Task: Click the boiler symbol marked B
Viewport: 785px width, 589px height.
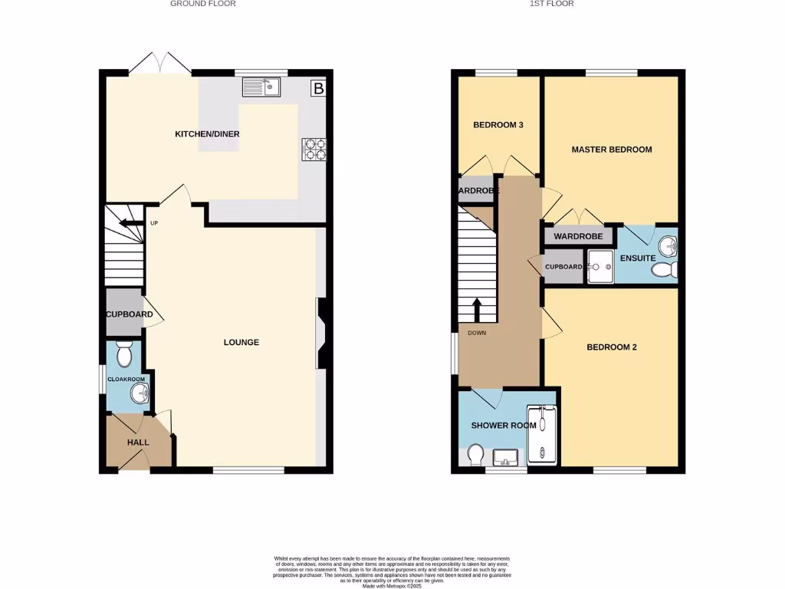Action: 318,89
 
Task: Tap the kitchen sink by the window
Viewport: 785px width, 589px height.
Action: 262,87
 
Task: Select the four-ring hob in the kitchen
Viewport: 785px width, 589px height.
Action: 313,148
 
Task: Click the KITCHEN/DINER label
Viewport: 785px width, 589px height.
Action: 207,134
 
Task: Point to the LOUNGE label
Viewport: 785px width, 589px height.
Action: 241,342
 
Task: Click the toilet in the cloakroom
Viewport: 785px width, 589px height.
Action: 124,355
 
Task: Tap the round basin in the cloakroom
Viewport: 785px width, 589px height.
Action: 140,394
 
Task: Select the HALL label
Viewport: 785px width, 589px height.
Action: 138,443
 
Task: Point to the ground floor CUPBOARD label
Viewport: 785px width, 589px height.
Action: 130,314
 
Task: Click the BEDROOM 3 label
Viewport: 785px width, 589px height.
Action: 498,125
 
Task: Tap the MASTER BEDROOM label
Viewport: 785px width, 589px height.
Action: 612,150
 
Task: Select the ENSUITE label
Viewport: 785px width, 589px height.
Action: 638,258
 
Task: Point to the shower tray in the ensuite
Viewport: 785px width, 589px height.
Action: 600,266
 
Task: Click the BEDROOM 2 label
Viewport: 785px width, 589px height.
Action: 612,347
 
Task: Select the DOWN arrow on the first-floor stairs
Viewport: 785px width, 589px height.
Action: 477,310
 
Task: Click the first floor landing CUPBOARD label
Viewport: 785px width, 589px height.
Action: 563,267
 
